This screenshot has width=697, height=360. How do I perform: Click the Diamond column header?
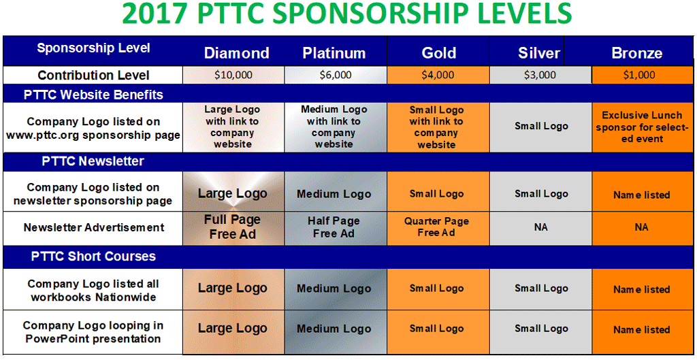point(236,53)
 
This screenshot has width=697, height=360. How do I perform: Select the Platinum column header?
point(334,53)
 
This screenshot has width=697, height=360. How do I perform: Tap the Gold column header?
point(439,53)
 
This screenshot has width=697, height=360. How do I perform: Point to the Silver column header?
point(539,53)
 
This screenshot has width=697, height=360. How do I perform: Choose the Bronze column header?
point(637,53)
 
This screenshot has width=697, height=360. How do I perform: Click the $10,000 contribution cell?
point(233,75)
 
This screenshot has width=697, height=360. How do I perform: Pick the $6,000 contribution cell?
point(336,75)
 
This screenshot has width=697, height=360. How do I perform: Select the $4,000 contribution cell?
point(438,75)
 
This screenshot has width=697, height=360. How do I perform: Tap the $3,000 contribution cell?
point(540,75)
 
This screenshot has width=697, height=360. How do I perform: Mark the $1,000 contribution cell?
point(643,75)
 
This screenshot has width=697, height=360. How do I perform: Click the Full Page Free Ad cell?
point(233,227)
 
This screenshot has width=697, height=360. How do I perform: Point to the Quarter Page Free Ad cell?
point(438,227)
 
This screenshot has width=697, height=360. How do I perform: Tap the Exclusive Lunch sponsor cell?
point(643,127)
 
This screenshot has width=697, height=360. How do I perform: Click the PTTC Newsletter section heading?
point(93,161)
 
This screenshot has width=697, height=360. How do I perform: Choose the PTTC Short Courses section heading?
point(93,257)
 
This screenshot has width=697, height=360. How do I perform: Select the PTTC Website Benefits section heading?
point(93,95)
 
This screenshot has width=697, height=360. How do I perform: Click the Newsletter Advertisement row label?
point(94,227)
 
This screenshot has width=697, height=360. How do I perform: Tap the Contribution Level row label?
point(93,76)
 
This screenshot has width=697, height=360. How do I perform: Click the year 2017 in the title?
point(155,14)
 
